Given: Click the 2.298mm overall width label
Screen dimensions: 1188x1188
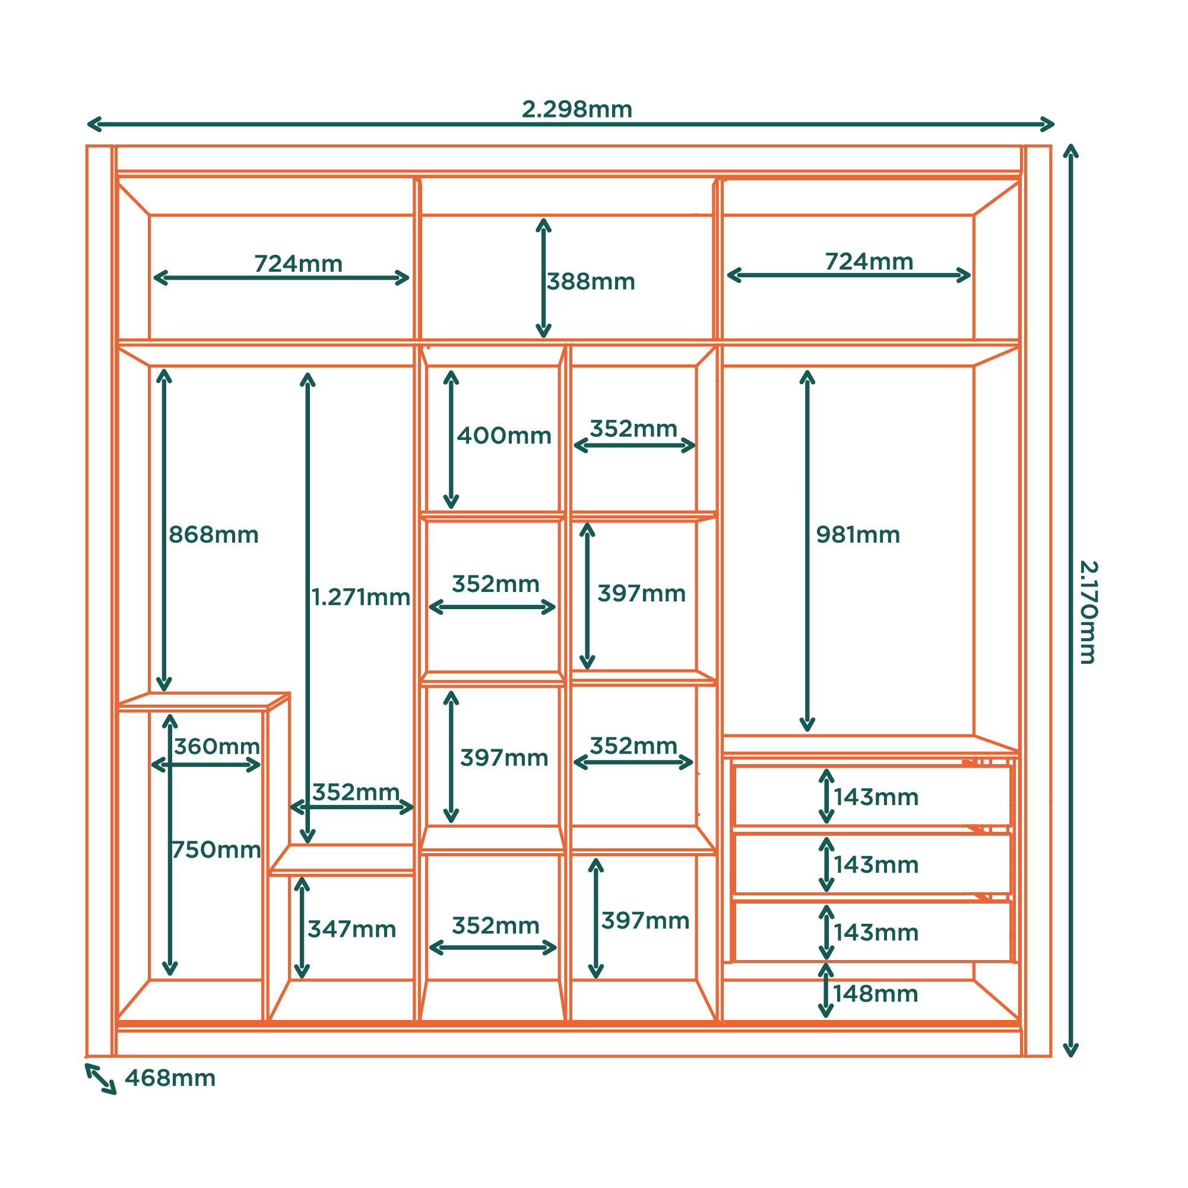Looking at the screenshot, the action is click(x=577, y=109).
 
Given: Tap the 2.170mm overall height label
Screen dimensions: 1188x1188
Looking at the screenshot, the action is click(x=1088, y=613).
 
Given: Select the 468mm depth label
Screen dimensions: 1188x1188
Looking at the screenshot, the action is click(x=170, y=1078).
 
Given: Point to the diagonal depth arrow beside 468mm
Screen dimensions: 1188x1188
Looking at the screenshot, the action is click(x=100, y=1079).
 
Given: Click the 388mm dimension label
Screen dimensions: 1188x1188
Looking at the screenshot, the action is click(x=591, y=281).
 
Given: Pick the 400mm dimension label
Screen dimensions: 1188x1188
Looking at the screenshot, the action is click(x=504, y=435).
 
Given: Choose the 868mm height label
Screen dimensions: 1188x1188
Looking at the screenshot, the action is click(x=213, y=534).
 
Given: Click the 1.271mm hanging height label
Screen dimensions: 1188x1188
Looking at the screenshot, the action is click(x=361, y=597).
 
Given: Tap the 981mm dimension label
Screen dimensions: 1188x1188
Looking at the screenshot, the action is click(x=858, y=534).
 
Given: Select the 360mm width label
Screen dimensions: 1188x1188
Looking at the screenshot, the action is click(x=217, y=746).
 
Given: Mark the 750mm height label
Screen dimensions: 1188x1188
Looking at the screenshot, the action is click(x=217, y=850).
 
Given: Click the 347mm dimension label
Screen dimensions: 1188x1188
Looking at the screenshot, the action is click(x=351, y=929).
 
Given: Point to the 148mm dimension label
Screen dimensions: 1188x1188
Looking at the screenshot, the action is click(x=876, y=994).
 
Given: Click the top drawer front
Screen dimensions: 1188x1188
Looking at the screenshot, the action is click(x=873, y=796).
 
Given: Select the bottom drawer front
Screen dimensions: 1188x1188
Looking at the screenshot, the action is click(x=873, y=932).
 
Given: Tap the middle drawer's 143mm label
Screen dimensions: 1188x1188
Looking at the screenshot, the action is click(x=876, y=864).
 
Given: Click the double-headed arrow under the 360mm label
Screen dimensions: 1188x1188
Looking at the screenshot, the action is click(x=206, y=765).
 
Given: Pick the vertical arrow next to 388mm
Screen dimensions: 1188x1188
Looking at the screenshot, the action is click(x=543, y=278).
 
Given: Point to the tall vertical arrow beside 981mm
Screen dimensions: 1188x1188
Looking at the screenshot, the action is click(x=807, y=551).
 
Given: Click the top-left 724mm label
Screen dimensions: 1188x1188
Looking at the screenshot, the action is click(x=298, y=264).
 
